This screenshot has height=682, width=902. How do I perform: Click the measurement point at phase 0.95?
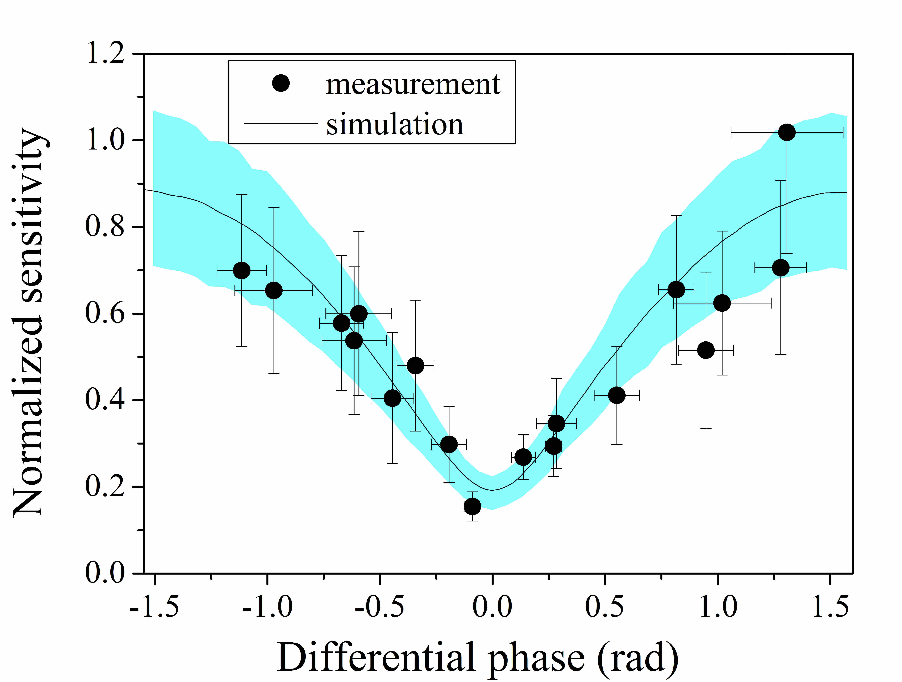click(x=706, y=350)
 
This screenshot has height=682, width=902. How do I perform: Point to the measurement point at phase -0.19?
click(x=449, y=444)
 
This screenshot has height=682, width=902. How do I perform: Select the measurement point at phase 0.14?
click(x=523, y=458)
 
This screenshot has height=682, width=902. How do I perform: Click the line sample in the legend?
click(x=281, y=123)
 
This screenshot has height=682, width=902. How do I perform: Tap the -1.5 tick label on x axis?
click(x=154, y=607)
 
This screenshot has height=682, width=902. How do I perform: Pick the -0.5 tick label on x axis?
click(x=380, y=607)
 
